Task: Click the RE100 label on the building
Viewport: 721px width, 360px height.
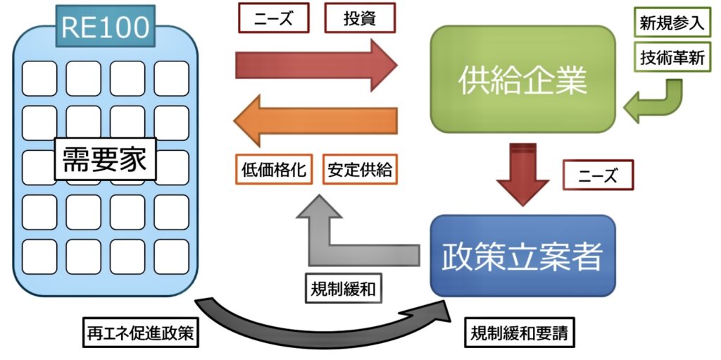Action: pos(106,27)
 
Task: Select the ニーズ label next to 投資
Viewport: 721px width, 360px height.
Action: pos(274,18)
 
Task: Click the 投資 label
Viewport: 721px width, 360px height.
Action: pos(359,18)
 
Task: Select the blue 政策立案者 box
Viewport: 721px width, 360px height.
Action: pos(522,256)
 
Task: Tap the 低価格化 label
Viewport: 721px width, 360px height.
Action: pos(274,170)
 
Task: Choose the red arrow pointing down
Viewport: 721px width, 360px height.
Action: pos(522,173)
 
